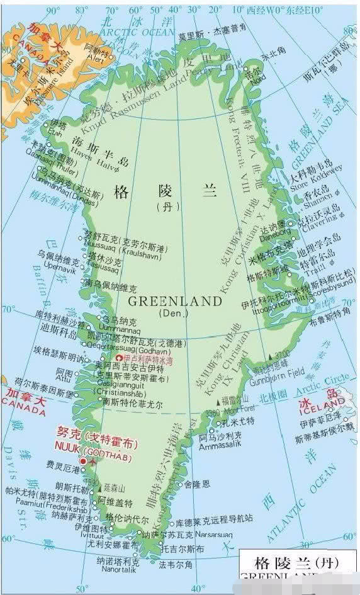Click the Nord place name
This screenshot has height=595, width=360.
[258, 77]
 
